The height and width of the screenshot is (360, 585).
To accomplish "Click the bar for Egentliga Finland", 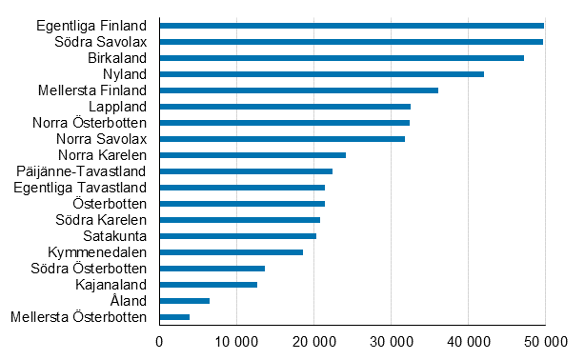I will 352,25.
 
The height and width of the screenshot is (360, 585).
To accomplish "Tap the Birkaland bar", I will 341,57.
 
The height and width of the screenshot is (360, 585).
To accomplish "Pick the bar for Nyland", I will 321,73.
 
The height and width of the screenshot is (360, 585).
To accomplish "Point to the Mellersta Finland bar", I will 298,90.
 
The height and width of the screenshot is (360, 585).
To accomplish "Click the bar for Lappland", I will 285,106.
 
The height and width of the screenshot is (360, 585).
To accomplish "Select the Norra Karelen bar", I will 252,154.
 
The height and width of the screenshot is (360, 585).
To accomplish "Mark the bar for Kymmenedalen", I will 231,251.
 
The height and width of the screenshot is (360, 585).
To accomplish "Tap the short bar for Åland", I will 184,300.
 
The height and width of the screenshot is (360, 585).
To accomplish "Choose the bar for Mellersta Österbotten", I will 174,316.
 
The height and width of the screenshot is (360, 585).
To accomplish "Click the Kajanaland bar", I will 208,284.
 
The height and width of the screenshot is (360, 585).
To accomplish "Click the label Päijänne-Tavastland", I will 81,170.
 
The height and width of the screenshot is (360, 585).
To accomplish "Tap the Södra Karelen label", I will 101,219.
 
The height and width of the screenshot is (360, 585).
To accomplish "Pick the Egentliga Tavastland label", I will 80,187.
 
